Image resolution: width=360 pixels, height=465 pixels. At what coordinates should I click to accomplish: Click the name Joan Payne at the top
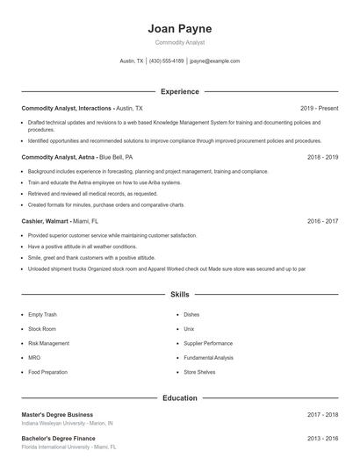[x=179, y=29]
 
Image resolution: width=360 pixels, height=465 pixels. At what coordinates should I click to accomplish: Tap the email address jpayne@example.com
[x=214, y=61]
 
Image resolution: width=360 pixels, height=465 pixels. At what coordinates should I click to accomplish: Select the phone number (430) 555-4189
[x=167, y=61]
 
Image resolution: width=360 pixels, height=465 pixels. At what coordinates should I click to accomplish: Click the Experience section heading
[x=179, y=91]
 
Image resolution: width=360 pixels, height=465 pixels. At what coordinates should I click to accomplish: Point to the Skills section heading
[x=179, y=295]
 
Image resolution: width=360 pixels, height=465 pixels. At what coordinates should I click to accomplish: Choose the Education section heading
[x=179, y=398]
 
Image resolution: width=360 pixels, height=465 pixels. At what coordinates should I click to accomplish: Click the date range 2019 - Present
[x=319, y=108]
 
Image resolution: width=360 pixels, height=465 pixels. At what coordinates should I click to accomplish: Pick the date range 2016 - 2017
[x=322, y=221]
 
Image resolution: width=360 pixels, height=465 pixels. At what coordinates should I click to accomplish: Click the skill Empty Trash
[x=42, y=314]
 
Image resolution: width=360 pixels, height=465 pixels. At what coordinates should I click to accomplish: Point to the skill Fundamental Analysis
[x=208, y=358]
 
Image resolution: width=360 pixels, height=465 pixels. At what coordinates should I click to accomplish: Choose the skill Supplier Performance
[x=208, y=343]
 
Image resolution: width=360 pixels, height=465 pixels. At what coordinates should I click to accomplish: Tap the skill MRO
[x=34, y=358]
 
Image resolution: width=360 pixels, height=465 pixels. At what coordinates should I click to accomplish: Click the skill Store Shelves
[x=199, y=372]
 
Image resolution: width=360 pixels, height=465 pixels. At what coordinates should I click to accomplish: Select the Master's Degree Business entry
[x=57, y=414]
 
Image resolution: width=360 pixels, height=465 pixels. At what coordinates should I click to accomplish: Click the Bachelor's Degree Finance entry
[x=58, y=437]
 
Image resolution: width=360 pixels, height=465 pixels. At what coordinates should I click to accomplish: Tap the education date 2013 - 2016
[x=322, y=437]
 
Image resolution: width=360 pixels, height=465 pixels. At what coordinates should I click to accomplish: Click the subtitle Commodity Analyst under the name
[x=179, y=42]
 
